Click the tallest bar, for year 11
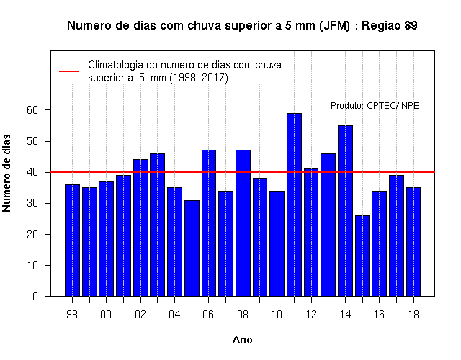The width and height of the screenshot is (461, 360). [x=294, y=204]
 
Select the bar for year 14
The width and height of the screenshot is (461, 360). [x=345, y=211]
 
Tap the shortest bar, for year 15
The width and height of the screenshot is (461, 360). [x=362, y=256]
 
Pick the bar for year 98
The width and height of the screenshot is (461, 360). [x=72, y=240]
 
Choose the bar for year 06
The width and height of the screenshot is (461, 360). [x=209, y=223]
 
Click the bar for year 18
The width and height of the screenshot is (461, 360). [x=413, y=242]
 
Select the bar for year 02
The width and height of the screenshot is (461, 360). [x=140, y=228]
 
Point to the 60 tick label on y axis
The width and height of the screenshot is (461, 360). [x=32, y=110]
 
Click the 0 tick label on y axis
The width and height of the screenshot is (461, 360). [x=35, y=296]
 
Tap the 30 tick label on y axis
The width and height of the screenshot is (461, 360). [x=32, y=203]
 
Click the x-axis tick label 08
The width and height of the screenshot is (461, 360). [x=243, y=315]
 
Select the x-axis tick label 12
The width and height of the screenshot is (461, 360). [x=311, y=315]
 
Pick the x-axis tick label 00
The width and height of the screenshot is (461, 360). [x=106, y=315]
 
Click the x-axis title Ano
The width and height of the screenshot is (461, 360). [x=242, y=340]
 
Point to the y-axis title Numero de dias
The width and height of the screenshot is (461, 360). [x=6, y=173]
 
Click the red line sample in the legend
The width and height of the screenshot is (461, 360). [x=69, y=71]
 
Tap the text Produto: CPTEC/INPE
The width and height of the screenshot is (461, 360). [x=375, y=106]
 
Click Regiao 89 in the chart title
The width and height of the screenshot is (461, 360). [x=389, y=26]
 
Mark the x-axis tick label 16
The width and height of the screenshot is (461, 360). [x=379, y=315]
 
